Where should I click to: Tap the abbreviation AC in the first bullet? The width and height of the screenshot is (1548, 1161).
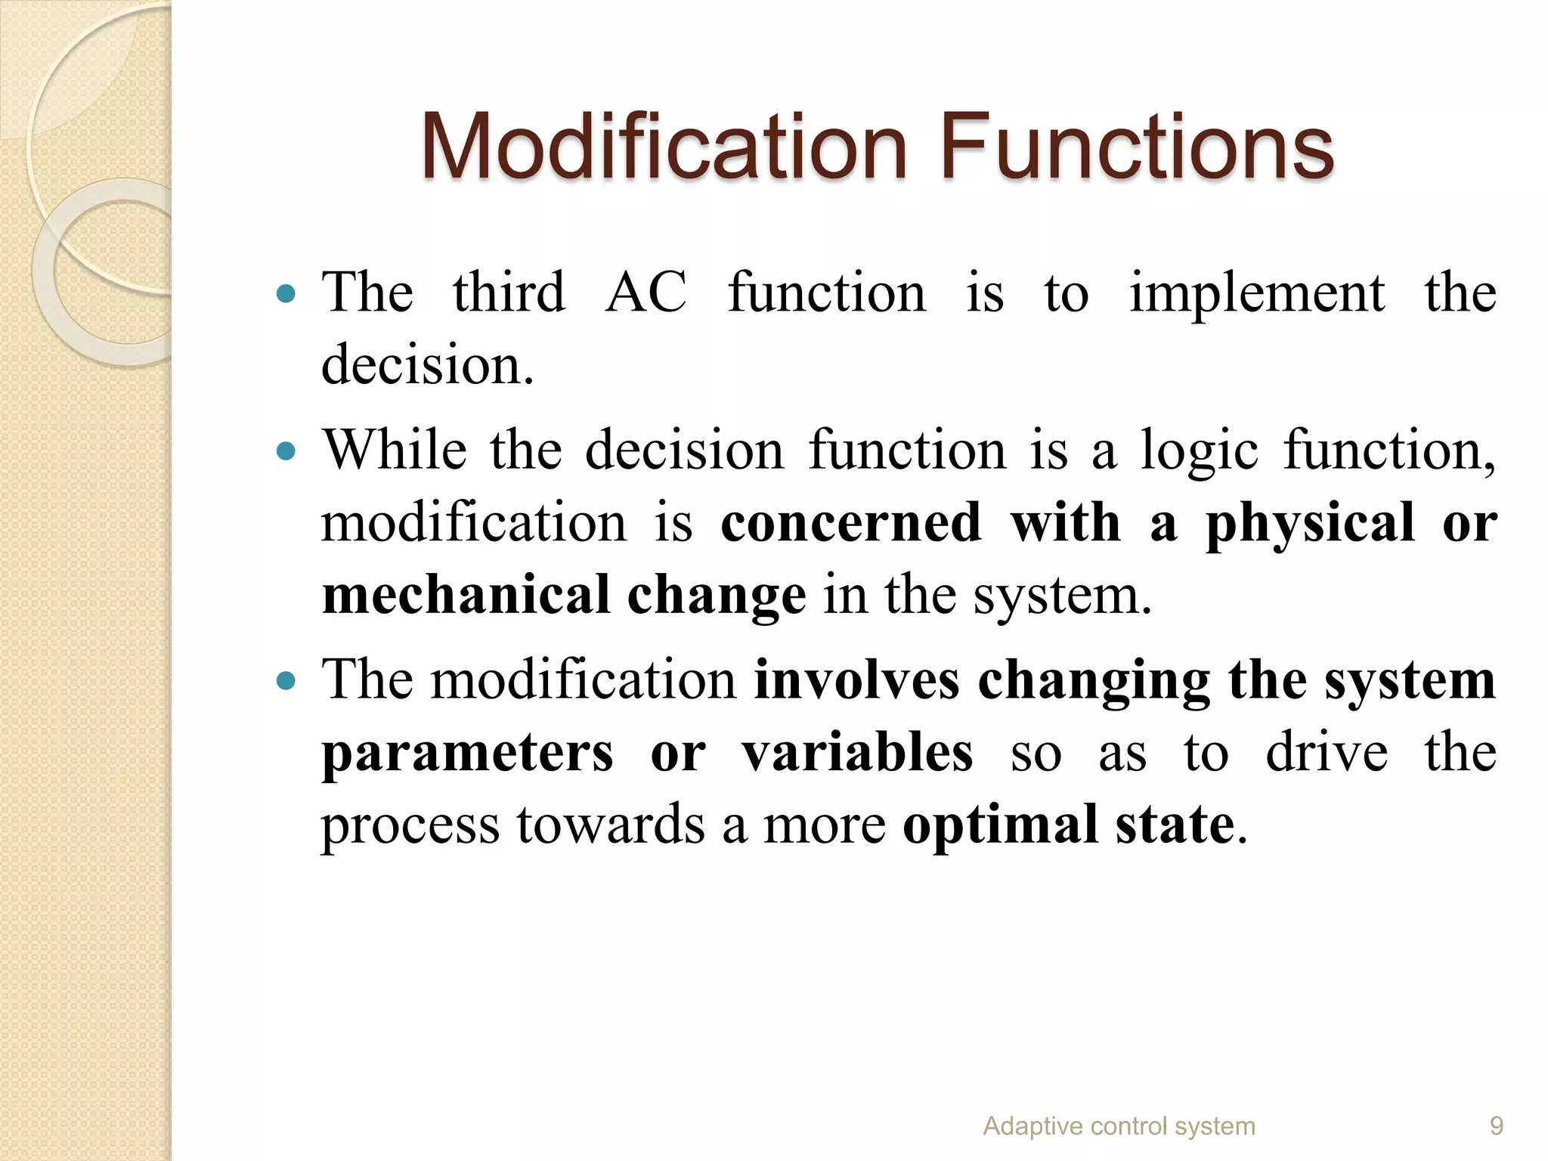pos(646,293)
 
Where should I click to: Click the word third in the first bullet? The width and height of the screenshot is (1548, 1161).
pos(508,293)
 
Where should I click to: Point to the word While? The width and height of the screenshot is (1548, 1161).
pos(394,450)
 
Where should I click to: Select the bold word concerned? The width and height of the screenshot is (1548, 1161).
pos(850,522)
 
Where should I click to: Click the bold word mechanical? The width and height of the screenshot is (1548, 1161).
pos(466,595)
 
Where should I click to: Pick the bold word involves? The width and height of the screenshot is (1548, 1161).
pos(856,680)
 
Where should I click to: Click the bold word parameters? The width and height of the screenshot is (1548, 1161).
pos(467,754)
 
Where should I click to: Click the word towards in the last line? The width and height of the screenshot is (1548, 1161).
pos(610,825)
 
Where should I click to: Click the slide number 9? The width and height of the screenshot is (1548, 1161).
pos(1496,1126)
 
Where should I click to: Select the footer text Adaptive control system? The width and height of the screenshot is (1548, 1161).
pos(1119,1126)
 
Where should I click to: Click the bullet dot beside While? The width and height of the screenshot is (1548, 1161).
pos(286,452)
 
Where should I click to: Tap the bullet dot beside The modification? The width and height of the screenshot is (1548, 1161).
pos(286,681)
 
